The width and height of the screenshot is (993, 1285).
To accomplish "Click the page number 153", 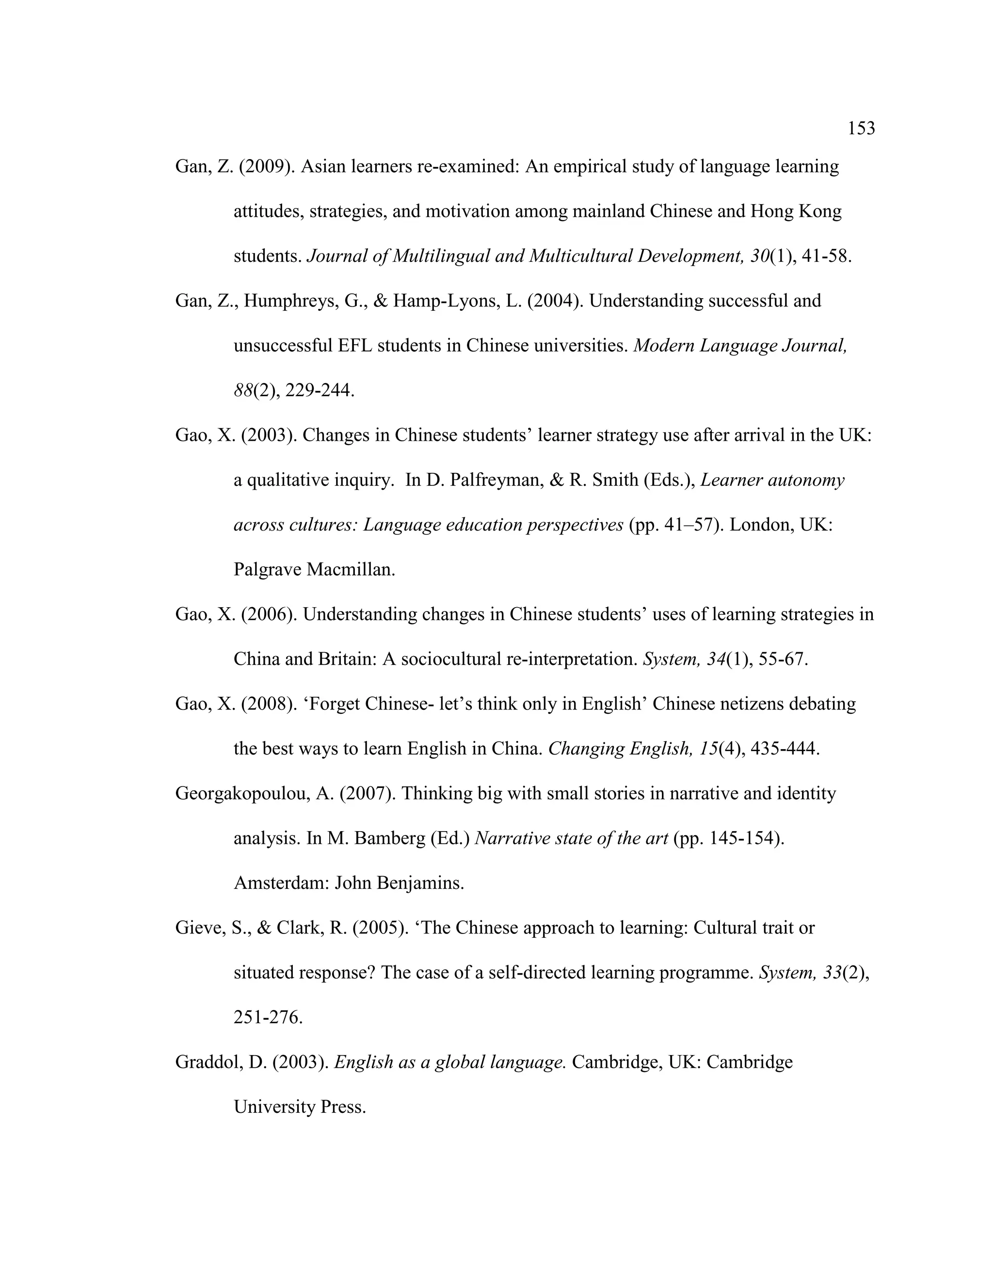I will point(861,128).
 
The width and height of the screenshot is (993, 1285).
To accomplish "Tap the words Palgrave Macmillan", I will point(314,570).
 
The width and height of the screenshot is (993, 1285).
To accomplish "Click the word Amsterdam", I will point(281,883).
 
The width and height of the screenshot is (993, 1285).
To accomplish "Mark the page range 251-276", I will point(268,1017).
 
